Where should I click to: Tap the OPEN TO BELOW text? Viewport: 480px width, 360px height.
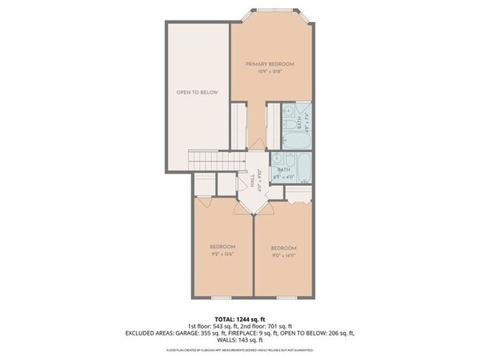pyautogui.click(x=197, y=92)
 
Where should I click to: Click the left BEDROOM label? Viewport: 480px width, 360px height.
pyautogui.click(x=222, y=246)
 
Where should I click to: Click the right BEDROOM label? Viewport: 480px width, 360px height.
pyautogui.click(x=284, y=247)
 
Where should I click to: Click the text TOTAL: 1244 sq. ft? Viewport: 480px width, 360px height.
pyautogui.click(x=239, y=318)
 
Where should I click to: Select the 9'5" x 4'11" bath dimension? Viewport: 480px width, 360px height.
pyautogui.click(x=284, y=177)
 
